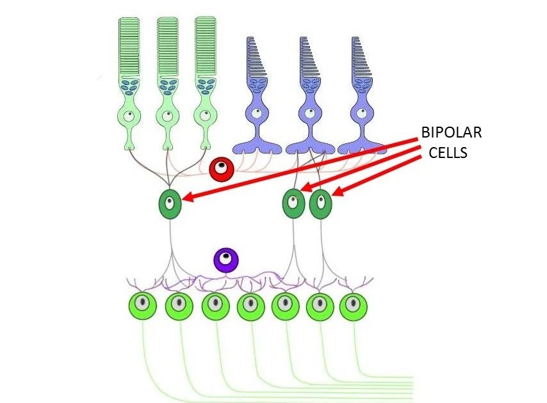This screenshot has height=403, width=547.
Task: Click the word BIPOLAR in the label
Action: pos(451,134)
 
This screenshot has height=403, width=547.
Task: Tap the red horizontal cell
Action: pos(220,169)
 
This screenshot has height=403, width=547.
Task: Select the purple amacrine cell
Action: pos(225,260)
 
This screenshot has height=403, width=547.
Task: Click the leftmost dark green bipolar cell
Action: pos(170,205)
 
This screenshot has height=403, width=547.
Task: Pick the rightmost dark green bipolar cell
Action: pos(321,205)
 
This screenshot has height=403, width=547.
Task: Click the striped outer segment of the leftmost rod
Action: pos(129,48)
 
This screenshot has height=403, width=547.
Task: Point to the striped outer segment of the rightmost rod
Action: pos(206,48)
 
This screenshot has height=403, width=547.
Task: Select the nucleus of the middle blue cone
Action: pos(309,114)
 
